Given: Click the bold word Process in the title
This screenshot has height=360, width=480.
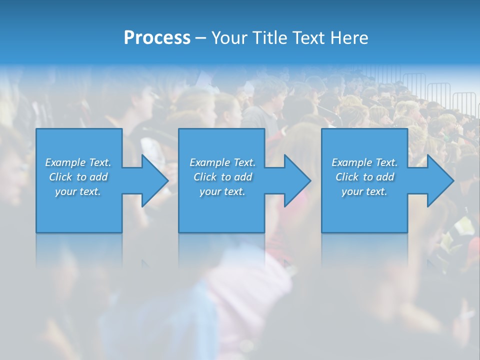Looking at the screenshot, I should [157, 38].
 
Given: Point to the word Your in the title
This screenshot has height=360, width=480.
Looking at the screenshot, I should [230, 38].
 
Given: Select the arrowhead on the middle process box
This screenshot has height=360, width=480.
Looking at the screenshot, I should [296, 180].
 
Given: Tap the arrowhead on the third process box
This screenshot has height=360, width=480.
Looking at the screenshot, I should [439, 180].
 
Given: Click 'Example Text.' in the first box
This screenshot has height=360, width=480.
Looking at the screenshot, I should [78, 162].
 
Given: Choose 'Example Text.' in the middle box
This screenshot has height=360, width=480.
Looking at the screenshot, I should [222, 162].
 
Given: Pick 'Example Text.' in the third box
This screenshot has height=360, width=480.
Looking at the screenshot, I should [364, 162].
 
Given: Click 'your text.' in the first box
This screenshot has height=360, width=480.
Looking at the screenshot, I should [78, 191].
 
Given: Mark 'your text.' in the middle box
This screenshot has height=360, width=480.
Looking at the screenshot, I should [222, 191].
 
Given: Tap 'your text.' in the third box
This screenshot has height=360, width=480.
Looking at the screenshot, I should [364, 191].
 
